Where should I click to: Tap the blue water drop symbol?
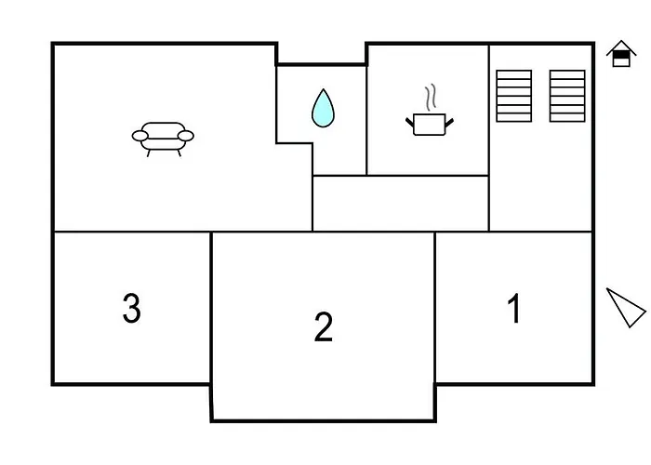[323, 108]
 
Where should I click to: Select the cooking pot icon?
[430, 124]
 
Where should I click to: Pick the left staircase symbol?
[514, 96]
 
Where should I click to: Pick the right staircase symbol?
[567, 96]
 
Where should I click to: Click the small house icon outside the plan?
[621, 54]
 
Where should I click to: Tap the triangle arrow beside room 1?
[625, 307]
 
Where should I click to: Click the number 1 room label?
[514, 308]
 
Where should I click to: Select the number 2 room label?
[324, 326]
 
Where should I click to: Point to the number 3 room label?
[132, 308]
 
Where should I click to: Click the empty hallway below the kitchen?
[400, 204]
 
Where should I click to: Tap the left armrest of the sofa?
[139, 136]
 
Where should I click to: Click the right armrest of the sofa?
[186, 136]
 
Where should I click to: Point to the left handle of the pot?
[410, 123]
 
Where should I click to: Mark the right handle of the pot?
[449, 123]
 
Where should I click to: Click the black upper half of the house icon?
[621, 55]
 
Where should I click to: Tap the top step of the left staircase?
[514, 74]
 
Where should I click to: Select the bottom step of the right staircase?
[567, 117]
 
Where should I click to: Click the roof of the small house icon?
[621, 46]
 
